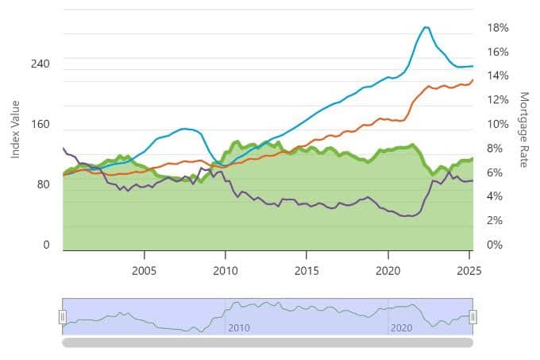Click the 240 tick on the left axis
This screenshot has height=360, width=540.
[40, 64]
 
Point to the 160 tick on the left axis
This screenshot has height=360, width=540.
[40, 125]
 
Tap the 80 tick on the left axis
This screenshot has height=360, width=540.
[44, 184]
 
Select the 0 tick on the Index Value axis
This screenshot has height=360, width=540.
[46, 245]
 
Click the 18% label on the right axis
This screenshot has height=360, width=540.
[498, 28]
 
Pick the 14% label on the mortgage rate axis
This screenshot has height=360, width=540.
[498, 76]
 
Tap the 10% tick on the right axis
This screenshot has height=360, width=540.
[498, 125]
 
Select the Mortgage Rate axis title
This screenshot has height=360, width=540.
[523, 129]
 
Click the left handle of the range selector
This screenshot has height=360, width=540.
[62, 317]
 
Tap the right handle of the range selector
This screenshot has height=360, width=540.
[472, 317]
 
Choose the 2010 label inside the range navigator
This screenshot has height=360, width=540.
[239, 327]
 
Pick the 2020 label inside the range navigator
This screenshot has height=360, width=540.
[402, 327]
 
